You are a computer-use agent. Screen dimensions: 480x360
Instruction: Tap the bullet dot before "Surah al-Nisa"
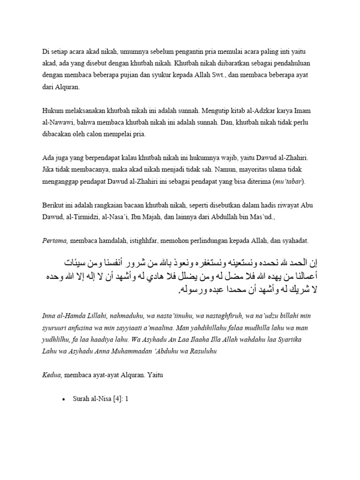pyautogui.click(x=63, y=399)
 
